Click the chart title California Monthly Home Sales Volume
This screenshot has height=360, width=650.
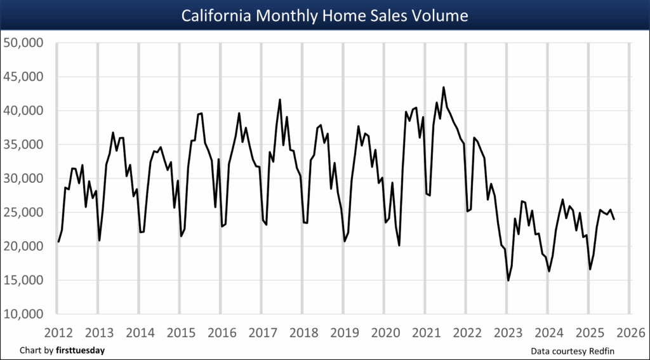click(324, 15)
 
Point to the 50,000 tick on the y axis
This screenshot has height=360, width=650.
click(23, 43)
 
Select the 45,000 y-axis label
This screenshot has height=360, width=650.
click(23, 77)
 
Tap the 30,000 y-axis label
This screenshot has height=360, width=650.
click(23, 178)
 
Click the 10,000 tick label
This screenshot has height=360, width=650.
click(23, 314)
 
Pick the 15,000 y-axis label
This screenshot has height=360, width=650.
click(23, 280)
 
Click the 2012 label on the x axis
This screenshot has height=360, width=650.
click(57, 332)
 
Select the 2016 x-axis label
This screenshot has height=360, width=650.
click(221, 332)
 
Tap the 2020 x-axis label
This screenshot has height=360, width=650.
click(384, 332)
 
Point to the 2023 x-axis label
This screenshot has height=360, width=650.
click(507, 332)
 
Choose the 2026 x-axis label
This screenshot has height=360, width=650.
click(629, 332)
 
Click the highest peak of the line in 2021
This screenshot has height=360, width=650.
click(443, 88)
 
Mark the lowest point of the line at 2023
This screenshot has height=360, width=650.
click(508, 280)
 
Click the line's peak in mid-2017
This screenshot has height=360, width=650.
click(280, 100)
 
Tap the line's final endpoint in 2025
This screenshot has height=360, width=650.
click(614, 219)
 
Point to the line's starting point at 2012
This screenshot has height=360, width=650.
click(58, 241)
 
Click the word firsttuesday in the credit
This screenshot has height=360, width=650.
click(81, 350)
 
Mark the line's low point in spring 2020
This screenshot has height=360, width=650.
click(399, 245)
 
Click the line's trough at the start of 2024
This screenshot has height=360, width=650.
click(549, 271)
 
